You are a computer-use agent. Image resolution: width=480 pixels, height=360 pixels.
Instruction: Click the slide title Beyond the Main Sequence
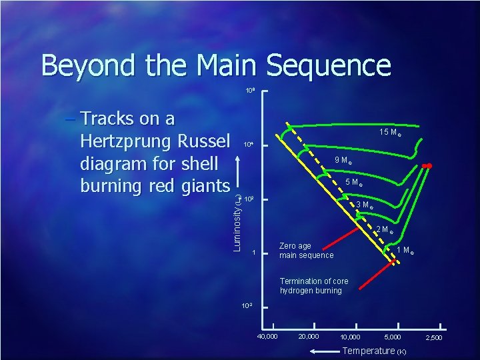(215, 65)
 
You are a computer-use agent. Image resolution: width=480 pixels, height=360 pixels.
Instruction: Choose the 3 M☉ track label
(365, 205)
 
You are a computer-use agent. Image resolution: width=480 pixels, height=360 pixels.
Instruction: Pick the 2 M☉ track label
(385, 231)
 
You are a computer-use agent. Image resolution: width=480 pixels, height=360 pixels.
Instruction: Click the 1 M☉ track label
(407, 250)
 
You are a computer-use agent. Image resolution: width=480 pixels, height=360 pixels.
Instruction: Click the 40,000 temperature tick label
(268, 336)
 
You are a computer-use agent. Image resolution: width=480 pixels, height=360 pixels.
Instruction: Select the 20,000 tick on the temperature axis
(309, 336)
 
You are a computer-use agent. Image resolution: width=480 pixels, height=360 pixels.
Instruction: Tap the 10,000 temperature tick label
(350, 337)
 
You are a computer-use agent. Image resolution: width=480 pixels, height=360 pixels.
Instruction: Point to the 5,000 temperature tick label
(392, 337)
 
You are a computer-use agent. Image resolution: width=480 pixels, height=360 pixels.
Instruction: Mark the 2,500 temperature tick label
(433, 338)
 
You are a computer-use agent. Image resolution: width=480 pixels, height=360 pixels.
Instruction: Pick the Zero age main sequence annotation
(306, 251)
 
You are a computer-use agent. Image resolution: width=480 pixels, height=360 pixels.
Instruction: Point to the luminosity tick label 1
(253, 253)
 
